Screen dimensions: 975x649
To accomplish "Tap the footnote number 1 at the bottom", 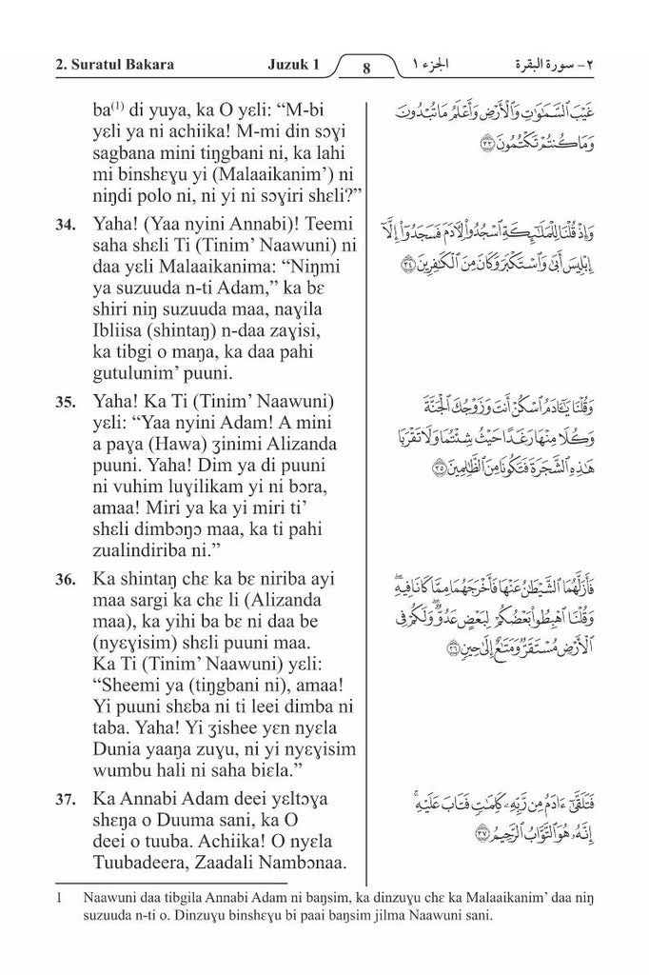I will point(59,898).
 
